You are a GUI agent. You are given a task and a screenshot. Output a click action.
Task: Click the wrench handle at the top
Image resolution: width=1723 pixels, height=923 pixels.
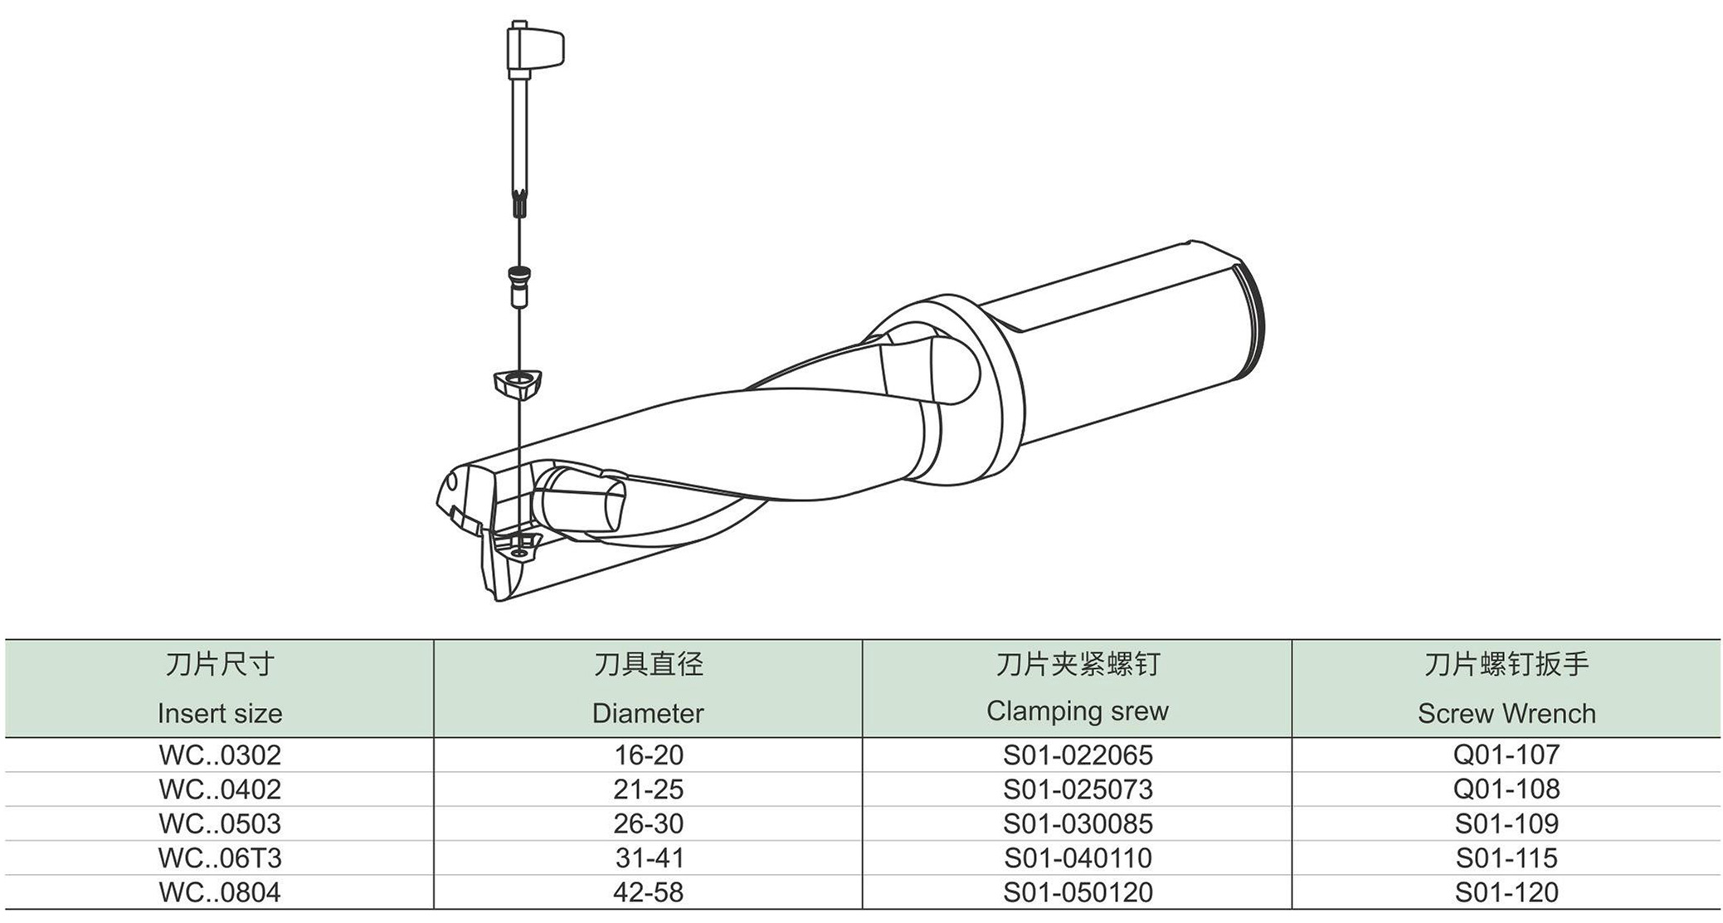pyautogui.click(x=535, y=48)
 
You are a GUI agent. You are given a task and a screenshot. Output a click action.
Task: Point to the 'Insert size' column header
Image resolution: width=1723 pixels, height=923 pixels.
pyautogui.click(x=220, y=713)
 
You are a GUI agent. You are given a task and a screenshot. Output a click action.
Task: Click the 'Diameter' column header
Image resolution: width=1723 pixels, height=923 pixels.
pyautogui.click(x=648, y=713)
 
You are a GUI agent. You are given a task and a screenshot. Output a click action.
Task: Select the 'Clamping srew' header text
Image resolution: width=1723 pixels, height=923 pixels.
pyautogui.click(x=1078, y=711)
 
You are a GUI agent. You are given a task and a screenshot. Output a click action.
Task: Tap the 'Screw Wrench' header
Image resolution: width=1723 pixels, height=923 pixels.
pyautogui.click(x=1506, y=713)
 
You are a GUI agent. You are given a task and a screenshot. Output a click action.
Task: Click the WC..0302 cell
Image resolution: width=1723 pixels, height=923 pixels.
pyautogui.click(x=220, y=755)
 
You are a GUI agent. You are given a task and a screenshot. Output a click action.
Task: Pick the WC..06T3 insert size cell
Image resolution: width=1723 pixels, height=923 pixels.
pyautogui.click(x=220, y=857)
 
